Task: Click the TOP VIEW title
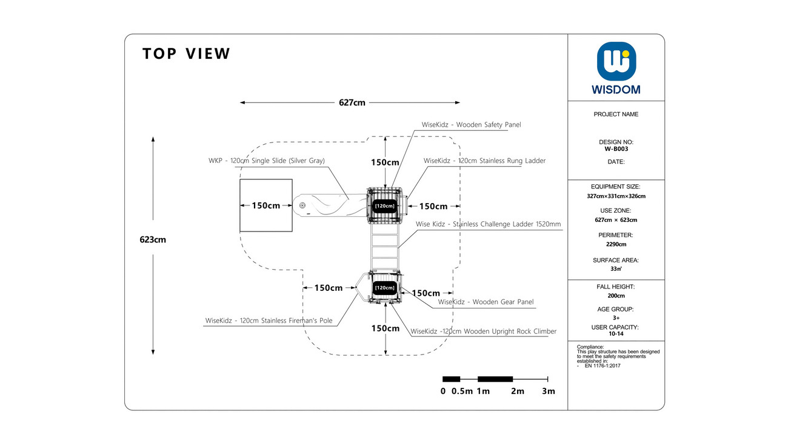click(x=186, y=54)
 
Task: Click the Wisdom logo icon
click(x=616, y=61)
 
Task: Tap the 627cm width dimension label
click(x=352, y=102)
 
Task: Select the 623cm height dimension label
click(x=153, y=240)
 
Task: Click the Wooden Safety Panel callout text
click(x=471, y=125)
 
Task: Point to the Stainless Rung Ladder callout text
click(x=484, y=161)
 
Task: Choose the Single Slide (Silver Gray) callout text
click(x=266, y=161)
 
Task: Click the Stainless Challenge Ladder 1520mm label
click(x=488, y=224)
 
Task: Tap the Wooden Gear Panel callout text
click(x=486, y=302)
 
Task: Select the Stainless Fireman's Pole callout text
click(x=269, y=321)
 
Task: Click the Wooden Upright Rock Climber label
click(x=483, y=331)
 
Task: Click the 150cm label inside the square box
click(x=266, y=205)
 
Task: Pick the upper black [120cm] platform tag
click(x=384, y=206)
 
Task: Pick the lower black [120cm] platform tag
click(x=384, y=288)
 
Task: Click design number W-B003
click(x=616, y=149)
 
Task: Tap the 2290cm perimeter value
click(x=616, y=244)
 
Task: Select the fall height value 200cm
click(x=616, y=296)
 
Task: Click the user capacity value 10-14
click(x=616, y=334)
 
